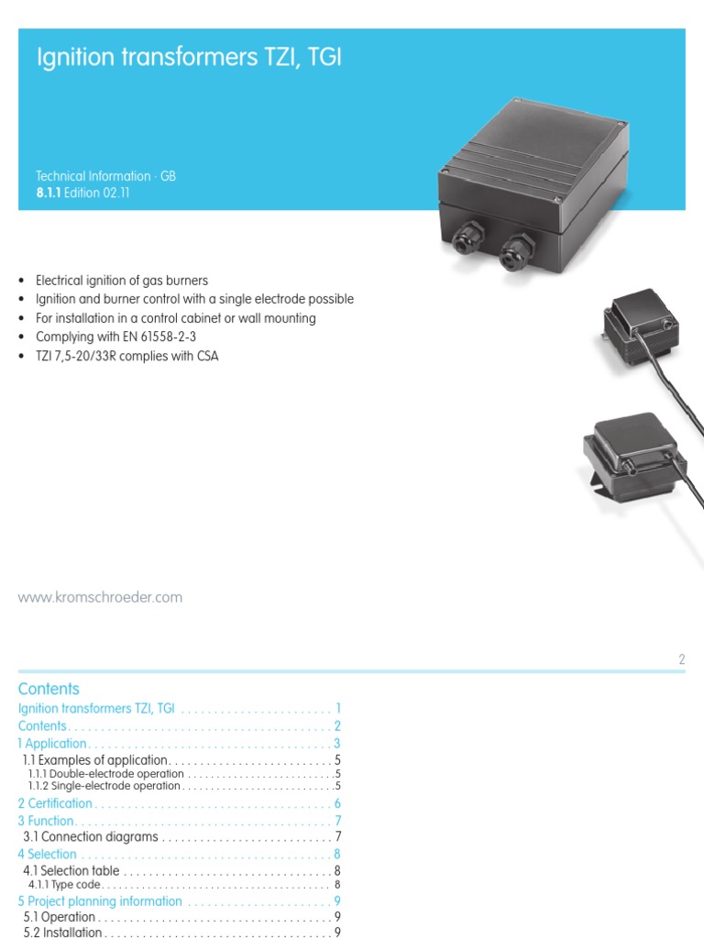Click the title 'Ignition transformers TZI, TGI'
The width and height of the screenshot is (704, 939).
[188, 60]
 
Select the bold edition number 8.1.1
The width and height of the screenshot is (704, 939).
[48, 193]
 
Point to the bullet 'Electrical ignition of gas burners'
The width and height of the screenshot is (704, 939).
[122, 281]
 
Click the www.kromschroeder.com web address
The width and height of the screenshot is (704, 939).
[101, 597]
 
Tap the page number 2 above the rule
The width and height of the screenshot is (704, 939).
[682, 659]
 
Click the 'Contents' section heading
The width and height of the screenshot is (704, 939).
[49, 689]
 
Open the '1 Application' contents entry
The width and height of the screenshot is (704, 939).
[53, 744]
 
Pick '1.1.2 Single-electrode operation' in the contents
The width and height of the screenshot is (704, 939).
[104, 786]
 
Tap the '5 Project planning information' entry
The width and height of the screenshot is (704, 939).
[100, 900]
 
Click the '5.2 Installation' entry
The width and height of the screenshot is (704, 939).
[62, 933]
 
